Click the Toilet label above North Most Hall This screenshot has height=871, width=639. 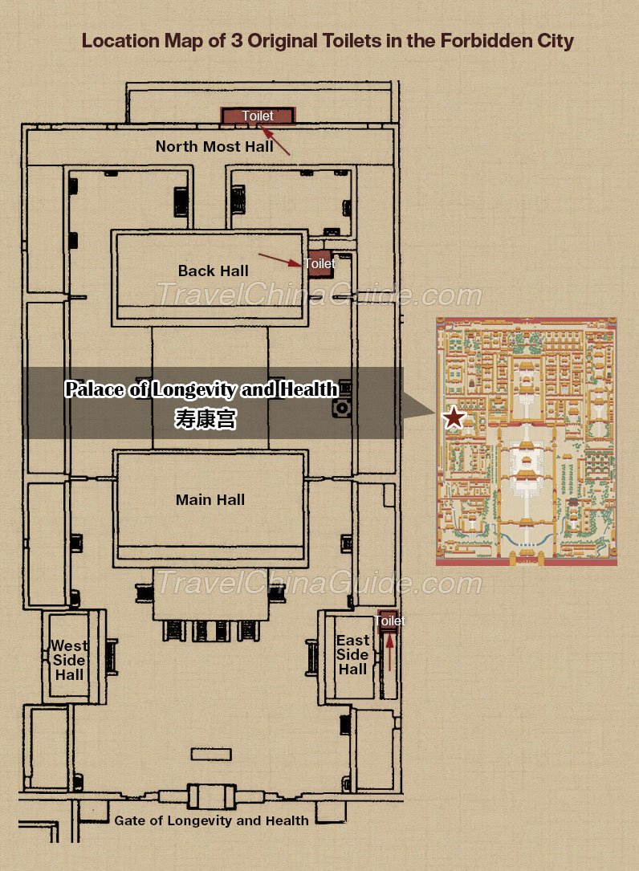(258, 116)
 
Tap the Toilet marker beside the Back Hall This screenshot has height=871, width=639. (320, 264)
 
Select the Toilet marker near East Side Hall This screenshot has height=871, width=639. (389, 621)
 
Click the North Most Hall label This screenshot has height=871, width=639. (214, 147)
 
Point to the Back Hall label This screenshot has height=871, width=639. (214, 271)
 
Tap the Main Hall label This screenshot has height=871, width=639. (210, 500)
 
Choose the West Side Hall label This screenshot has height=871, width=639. (69, 661)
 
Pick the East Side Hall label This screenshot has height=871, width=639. (352, 655)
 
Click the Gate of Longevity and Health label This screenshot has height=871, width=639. (211, 820)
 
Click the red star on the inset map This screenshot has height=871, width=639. (454, 417)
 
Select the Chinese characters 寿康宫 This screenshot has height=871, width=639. (206, 419)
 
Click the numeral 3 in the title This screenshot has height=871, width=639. (237, 41)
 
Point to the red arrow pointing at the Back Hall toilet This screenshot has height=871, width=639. (280, 260)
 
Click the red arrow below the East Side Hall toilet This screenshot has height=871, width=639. (389, 652)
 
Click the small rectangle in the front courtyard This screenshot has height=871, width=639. (211, 755)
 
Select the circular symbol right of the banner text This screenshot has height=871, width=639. (342, 409)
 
